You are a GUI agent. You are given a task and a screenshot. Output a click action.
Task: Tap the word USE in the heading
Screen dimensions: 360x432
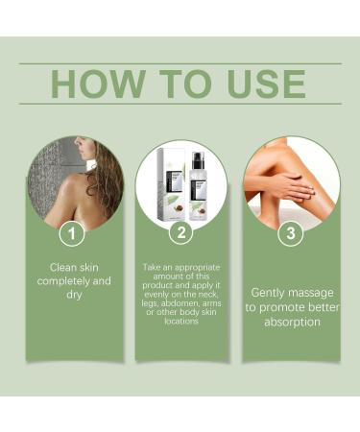pyautogui.click(x=266, y=84)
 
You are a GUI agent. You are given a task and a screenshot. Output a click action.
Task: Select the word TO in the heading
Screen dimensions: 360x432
pyautogui.click(x=185, y=84)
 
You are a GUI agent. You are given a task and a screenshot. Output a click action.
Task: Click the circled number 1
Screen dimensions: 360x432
pyautogui.click(x=72, y=233)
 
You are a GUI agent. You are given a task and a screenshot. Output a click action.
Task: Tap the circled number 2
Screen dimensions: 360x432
pyautogui.click(x=181, y=232)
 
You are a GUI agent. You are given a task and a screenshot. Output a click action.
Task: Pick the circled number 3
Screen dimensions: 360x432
pyautogui.click(x=291, y=233)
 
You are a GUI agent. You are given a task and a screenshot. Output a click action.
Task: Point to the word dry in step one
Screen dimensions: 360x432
pyautogui.click(x=74, y=295)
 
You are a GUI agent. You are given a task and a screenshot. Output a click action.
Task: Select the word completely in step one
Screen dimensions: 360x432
pyautogui.click(x=63, y=281)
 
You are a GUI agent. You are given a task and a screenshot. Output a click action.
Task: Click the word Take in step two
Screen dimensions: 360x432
pyautogui.click(x=151, y=267)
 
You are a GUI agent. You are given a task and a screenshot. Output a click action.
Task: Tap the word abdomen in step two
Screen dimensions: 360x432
pyautogui.click(x=180, y=303)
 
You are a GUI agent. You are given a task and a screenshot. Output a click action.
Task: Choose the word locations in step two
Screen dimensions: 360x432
pyautogui.click(x=181, y=321)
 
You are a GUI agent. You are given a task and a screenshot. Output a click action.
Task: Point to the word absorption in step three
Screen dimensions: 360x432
pyautogui.click(x=292, y=322)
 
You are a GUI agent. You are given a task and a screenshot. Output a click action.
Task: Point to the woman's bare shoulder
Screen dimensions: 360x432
pyautogui.click(x=72, y=185)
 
